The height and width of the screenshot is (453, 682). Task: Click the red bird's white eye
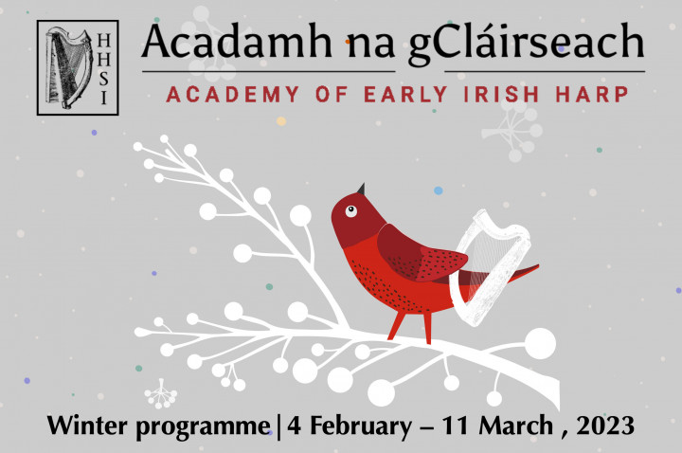click(x=351, y=211)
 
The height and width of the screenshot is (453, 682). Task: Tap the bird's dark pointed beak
click(x=361, y=190)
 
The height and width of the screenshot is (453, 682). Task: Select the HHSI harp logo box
click(x=78, y=67)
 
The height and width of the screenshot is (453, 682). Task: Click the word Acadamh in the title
click(x=237, y=43)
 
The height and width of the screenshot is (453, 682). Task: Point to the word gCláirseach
click(x=526, y=44)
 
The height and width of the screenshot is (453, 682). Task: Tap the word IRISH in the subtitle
click(x=501, y=95)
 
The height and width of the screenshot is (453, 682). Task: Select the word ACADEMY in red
click(x=233, y=95)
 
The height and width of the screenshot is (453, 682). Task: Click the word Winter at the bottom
click(x=88, y=426)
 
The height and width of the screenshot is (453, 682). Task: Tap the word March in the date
click(x=516, y=426)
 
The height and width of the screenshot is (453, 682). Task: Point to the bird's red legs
click(x=410, y=326)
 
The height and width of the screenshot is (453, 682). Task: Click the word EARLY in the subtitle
click(x=405, y=95)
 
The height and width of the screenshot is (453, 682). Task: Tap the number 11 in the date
click(x=455, y=426)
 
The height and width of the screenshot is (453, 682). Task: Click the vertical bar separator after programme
click(x=278, y=426)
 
